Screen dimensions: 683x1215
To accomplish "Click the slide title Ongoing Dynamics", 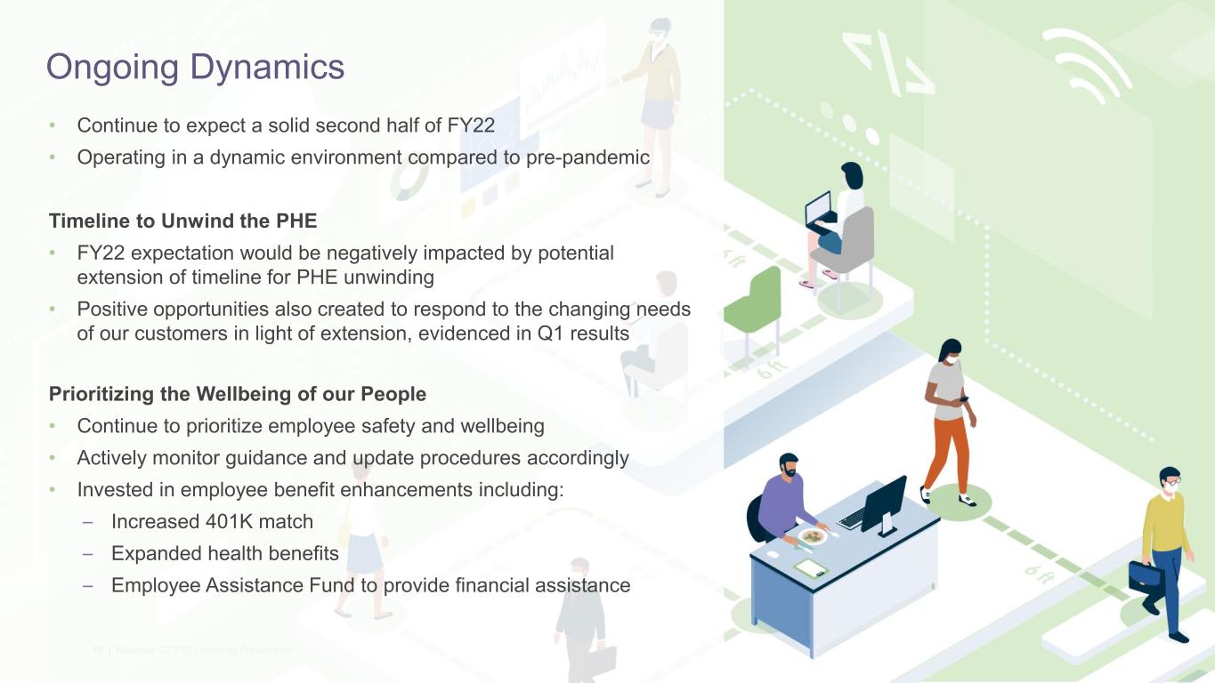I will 195,67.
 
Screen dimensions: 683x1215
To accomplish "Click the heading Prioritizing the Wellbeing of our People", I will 238,394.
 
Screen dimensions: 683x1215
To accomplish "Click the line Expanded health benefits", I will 224,554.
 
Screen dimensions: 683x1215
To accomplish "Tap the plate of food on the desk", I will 812,536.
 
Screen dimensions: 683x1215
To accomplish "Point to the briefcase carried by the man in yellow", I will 1146,575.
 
